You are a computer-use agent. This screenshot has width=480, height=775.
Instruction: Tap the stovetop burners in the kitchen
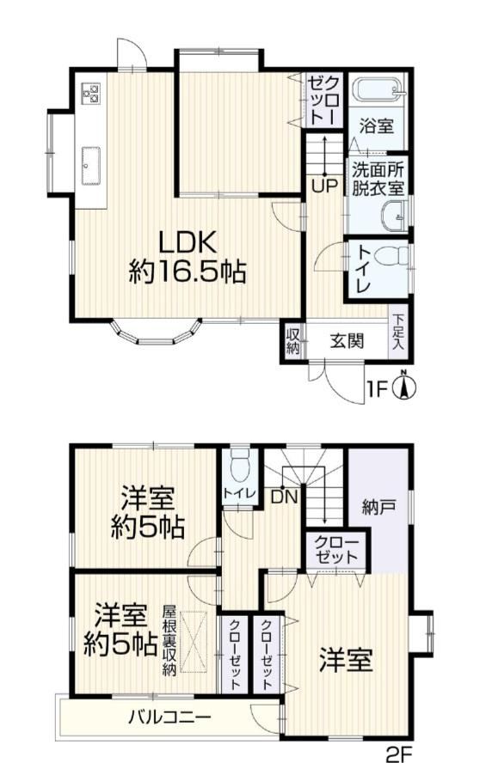tap(90, 93)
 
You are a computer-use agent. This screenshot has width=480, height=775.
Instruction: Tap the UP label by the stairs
tap(324, 186)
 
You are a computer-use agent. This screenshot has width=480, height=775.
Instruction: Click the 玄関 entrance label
tap(347, 340)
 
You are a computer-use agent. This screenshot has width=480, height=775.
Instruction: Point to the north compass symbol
tap(403, 385)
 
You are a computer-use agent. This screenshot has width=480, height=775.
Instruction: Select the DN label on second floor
tap(284, 497)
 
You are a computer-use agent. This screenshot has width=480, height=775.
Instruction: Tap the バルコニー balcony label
tap(169, 717)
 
